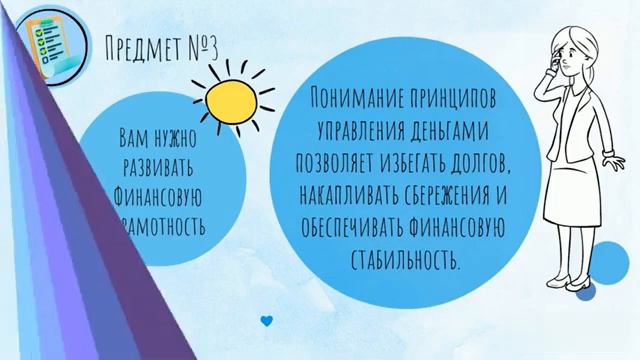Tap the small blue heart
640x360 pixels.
pyautogui.click(x=266, y=321)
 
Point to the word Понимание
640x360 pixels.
pyautogui.click(x=357, y=99)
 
